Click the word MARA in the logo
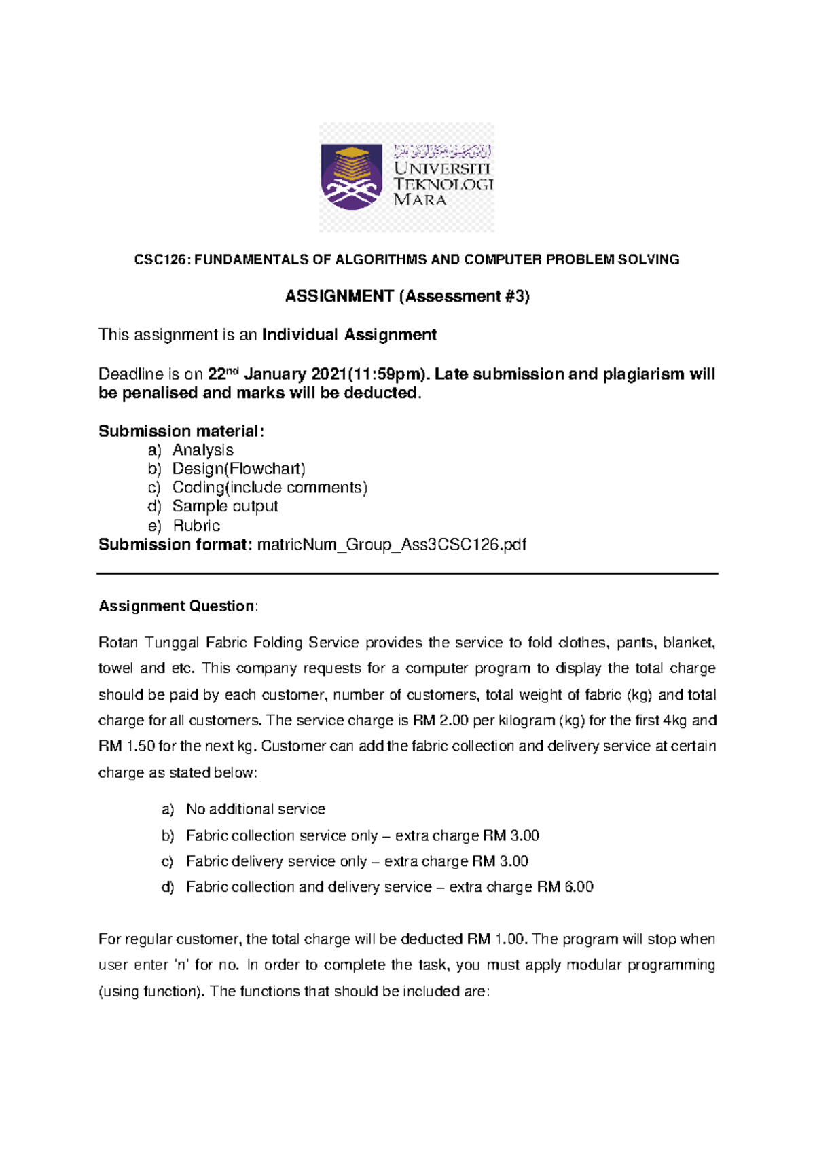(420, 200)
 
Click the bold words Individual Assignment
(349, 335)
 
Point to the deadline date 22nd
(223, 374)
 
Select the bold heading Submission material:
(181, 431)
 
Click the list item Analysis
(202, 450)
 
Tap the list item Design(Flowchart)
(238, 469)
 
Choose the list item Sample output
(225, 507)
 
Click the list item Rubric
(196, 526)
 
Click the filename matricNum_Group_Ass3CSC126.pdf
(391, 545)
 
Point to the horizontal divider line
(407, 574)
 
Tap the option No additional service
(255, 809)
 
